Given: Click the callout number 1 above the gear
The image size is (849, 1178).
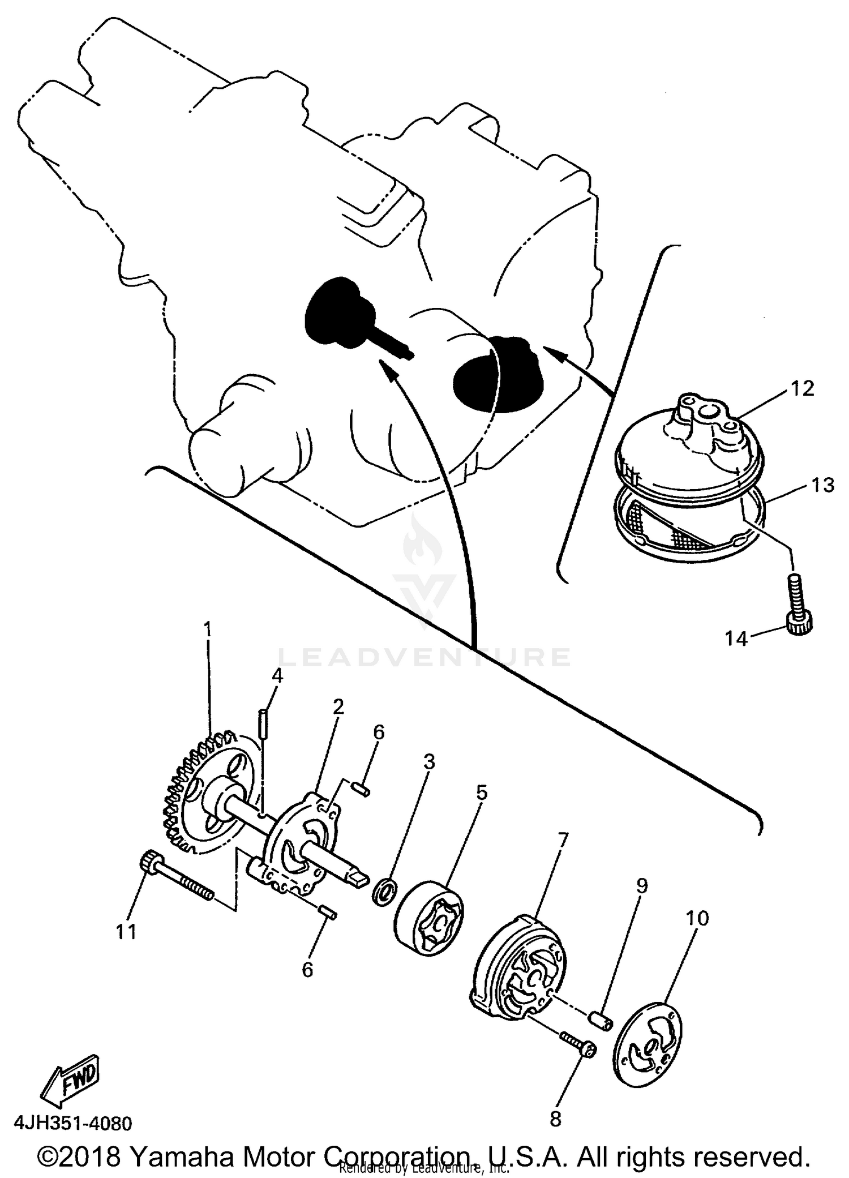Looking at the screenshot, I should coord(207,629).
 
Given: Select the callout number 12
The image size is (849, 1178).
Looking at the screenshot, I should coord(802,389).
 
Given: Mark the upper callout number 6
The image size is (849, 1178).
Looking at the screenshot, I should coord(378,732).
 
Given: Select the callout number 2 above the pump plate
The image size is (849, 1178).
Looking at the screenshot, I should coord(338,706).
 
